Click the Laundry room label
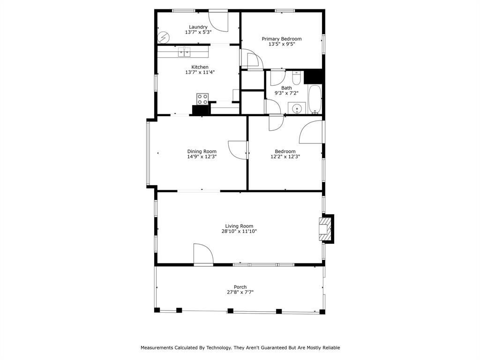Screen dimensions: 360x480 pyautogui.click(x=198, y=27)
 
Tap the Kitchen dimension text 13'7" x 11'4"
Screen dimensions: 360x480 pyautogui.click(x=200, y=73)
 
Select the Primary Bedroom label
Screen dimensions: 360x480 pyautogui.click(x=281, y=39)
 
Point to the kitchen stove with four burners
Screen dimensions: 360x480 pyautogui.click(x=202, y=99)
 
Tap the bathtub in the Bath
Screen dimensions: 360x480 pyautogui.click(x=315, y=99)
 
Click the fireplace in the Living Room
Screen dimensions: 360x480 pyautogui.click(x=325, y=229)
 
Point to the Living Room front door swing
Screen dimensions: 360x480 pyautogui.click(x=203, y=255)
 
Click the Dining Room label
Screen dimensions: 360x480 pyautogui.click(x=202, y=151)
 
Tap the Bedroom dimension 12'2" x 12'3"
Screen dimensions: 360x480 pyautogui.click(x=285, y=157)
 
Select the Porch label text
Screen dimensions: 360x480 pyautogui.click(x=240, y=287)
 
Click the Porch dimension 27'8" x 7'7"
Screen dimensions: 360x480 pyautogui.click(x=240, y=292)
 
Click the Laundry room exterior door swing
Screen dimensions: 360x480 pyautogui.click(x=218, y=21)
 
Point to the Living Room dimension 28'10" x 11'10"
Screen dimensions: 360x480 pyautogui.click(x=239, y=232)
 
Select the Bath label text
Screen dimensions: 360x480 pyautogui.click(x=286, y=88)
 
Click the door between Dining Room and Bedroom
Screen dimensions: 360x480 pyautogui.click(x=238, y=150)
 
